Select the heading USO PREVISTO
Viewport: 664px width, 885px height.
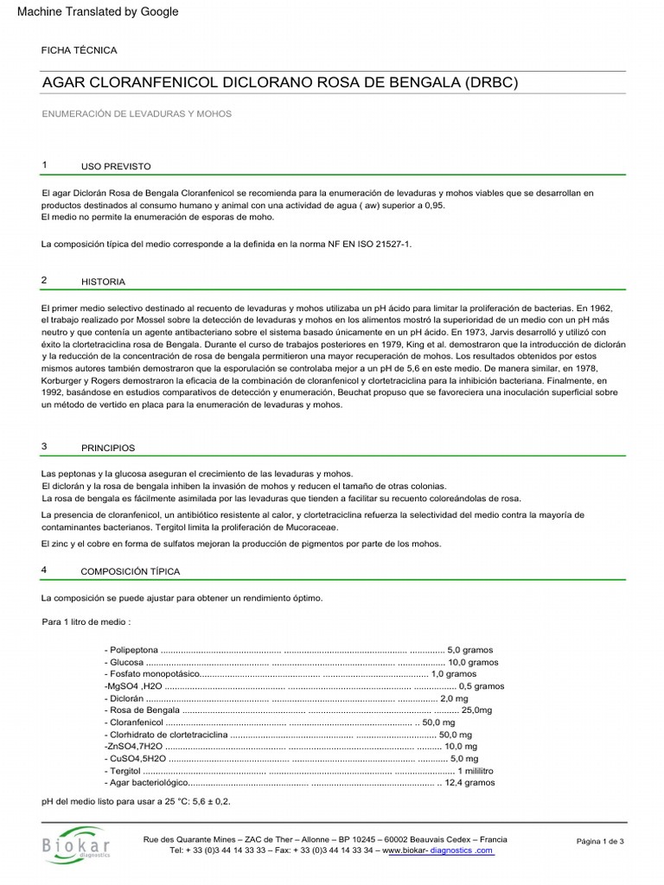[116, 165]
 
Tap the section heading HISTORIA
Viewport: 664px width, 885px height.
[103, 282]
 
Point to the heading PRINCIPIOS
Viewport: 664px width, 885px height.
[107, 449]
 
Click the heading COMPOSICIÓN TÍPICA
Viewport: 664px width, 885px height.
[131, 571]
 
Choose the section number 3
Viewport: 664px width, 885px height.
[44, 447]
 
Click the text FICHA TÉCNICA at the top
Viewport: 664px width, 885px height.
[80, 51]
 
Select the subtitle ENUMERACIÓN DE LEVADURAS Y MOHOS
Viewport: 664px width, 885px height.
[137, 113]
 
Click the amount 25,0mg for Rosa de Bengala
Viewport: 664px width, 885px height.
[477, 710]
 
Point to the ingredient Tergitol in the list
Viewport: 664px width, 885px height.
[124, 770]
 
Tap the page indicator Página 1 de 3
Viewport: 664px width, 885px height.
[600, 841]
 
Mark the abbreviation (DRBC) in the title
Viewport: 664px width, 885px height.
[491, 83]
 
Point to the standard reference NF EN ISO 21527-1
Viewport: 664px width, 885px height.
[364, 245]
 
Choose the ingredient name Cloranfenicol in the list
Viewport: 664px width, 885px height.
[135, 722]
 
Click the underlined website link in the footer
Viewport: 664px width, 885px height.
[439, 850]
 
